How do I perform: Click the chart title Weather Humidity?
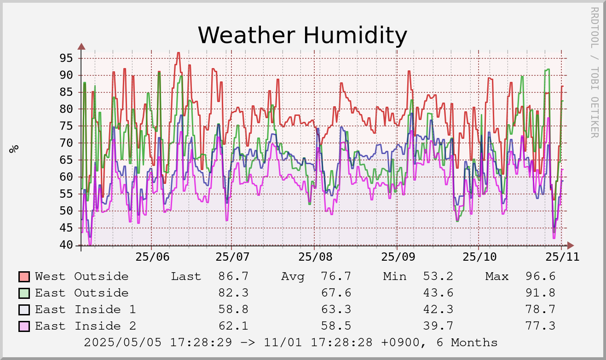[x=302, y=35]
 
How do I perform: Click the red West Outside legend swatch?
[x=24, y=277]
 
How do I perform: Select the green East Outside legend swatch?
[x=24, y=293]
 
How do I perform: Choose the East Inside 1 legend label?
[x=85, y=309]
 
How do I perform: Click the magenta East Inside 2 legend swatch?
[x=24, y=326]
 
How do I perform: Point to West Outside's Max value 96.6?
[x=540, y=276]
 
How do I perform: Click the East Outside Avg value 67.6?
[x=336, y=293]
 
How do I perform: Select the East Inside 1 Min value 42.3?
[x=438, y=309]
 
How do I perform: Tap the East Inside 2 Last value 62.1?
[x=233, y=326]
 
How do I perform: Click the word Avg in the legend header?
[x=293, y=276]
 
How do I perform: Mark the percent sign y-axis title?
[x=14, y=148]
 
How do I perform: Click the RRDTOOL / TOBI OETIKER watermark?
[x=594, y=72]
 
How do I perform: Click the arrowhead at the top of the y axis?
[x=81, y=46]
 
